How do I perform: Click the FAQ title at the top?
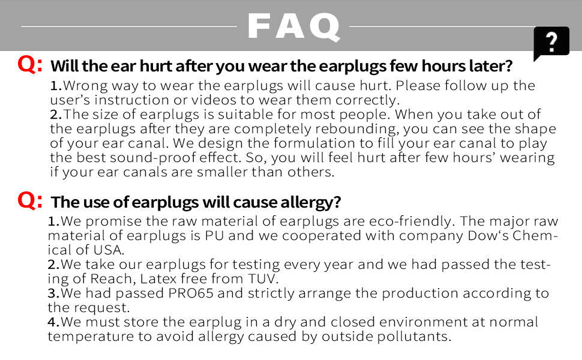[293, 26]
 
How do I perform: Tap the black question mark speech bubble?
[551, 43]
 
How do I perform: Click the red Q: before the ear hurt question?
[30, 64]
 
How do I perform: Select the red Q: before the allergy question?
[30, 200]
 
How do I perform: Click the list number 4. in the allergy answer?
[54, 322]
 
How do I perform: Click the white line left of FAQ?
[129, 26]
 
